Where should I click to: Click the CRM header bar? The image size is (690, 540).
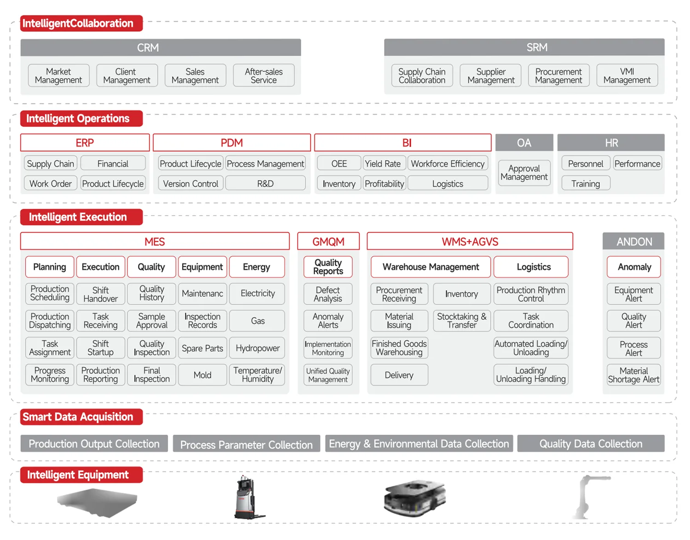161,47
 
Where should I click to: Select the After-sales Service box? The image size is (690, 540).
264,75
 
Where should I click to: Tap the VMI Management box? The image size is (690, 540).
627,75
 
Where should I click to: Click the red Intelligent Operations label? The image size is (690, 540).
81,118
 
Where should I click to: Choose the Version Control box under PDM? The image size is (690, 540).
190,184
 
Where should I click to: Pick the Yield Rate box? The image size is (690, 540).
384,163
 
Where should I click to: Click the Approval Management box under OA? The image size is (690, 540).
524,172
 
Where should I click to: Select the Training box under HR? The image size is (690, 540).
586,184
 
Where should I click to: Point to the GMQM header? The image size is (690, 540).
328,241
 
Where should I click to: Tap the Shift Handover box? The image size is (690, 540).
100,294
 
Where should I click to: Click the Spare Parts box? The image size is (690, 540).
202,348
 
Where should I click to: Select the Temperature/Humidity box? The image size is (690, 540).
257,374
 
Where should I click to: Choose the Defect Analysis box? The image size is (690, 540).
328,294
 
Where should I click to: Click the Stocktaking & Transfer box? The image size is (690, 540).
462,321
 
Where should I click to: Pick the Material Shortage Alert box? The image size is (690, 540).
633,374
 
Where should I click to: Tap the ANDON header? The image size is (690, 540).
633,241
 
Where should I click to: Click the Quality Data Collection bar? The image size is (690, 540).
591,443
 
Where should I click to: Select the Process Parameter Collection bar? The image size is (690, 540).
247,444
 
